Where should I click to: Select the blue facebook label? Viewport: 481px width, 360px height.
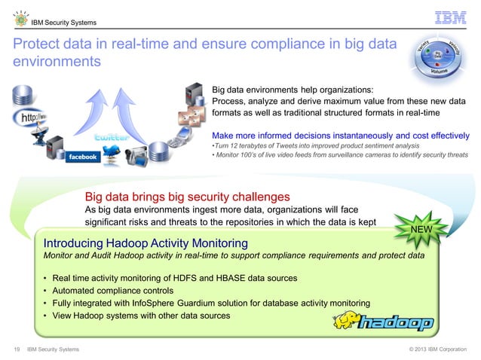[x=83, y=157]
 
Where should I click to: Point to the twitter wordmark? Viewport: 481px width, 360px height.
[x=111, y=138]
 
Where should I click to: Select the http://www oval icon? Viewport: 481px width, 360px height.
[x=31, y=120]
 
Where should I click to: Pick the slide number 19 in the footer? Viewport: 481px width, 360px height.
[x=16, y=349]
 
